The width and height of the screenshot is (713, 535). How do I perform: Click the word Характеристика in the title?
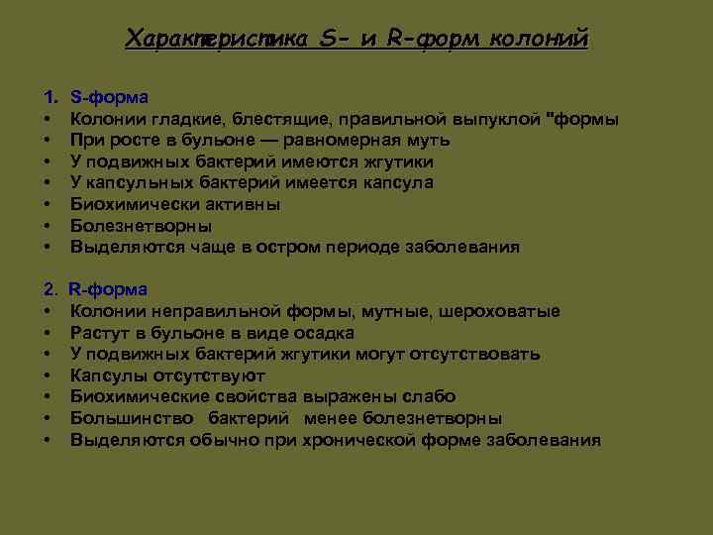pyautogui.click(x=219, y=39)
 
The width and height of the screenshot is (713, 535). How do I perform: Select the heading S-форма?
pyautogui.click(x=110, y=97)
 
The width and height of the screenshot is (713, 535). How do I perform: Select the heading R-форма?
pyautogui.click(x=109, y=289)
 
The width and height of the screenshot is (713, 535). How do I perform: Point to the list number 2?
pyautogui.click(x=50, y=289)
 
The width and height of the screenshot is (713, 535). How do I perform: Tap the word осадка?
pyautogui.click(x=321, y=333)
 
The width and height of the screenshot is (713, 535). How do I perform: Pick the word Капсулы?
pyautogui.click(x=109, y=375)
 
